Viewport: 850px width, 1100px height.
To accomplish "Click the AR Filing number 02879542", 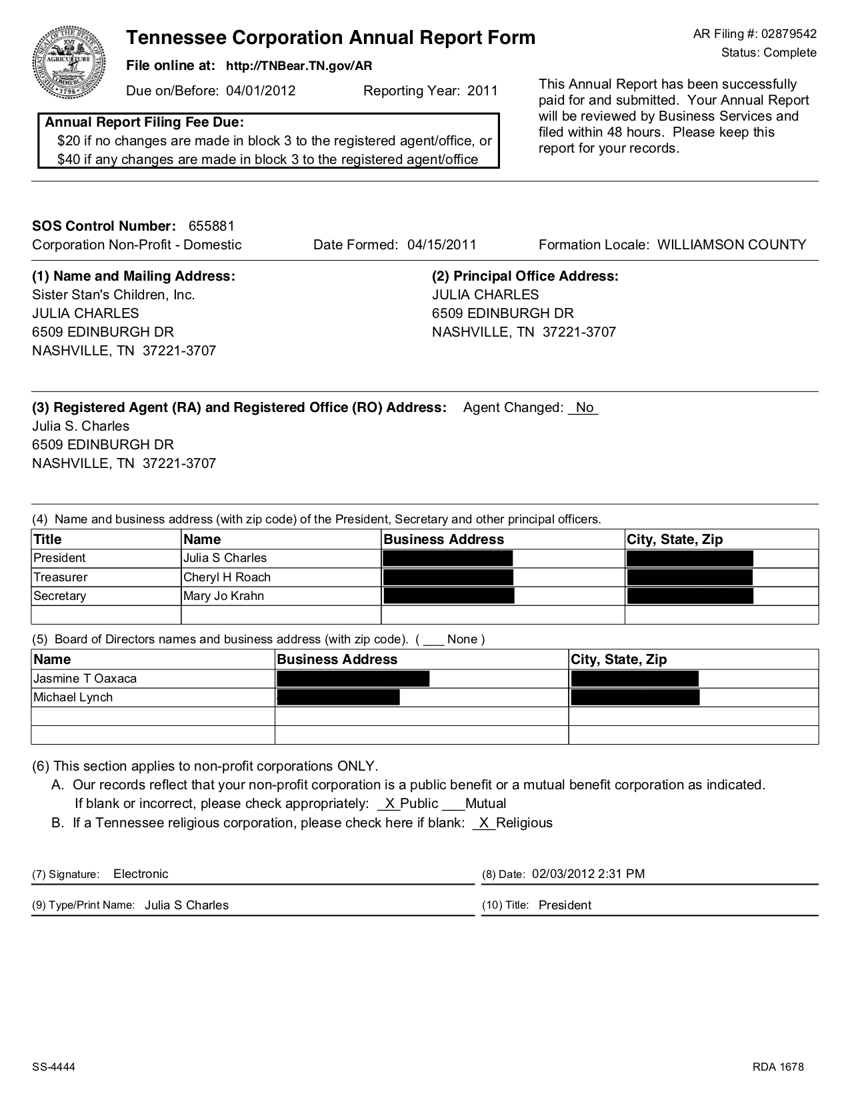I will [789, 34].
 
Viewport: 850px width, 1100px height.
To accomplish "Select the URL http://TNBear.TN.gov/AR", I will [299, 66].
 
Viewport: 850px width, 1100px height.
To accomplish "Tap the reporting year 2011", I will [483, 91].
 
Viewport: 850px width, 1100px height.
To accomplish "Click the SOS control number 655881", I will [211, 226].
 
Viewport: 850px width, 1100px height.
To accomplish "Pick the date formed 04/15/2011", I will [442, 245].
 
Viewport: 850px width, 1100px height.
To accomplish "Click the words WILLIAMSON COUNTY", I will [731, 245].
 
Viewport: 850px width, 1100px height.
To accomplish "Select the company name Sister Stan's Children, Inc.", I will [113, 295].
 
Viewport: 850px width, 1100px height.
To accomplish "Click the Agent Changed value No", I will [584, 407].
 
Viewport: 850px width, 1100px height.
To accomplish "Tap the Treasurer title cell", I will [61, 577].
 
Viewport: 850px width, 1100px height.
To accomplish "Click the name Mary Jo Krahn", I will [223, 596].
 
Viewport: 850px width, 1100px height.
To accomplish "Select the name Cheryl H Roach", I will [227, 577].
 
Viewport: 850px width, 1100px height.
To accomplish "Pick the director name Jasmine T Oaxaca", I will [85, 679].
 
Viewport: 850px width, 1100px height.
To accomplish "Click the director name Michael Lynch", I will [73, 697].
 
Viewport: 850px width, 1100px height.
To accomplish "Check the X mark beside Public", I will [390, 803].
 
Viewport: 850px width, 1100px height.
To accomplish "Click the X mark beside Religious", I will [485, 823].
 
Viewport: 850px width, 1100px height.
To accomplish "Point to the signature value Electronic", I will [141, 874].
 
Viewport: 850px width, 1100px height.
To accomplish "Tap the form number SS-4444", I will [54, 1067].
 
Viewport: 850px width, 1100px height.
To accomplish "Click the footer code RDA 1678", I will [779, 1067].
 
